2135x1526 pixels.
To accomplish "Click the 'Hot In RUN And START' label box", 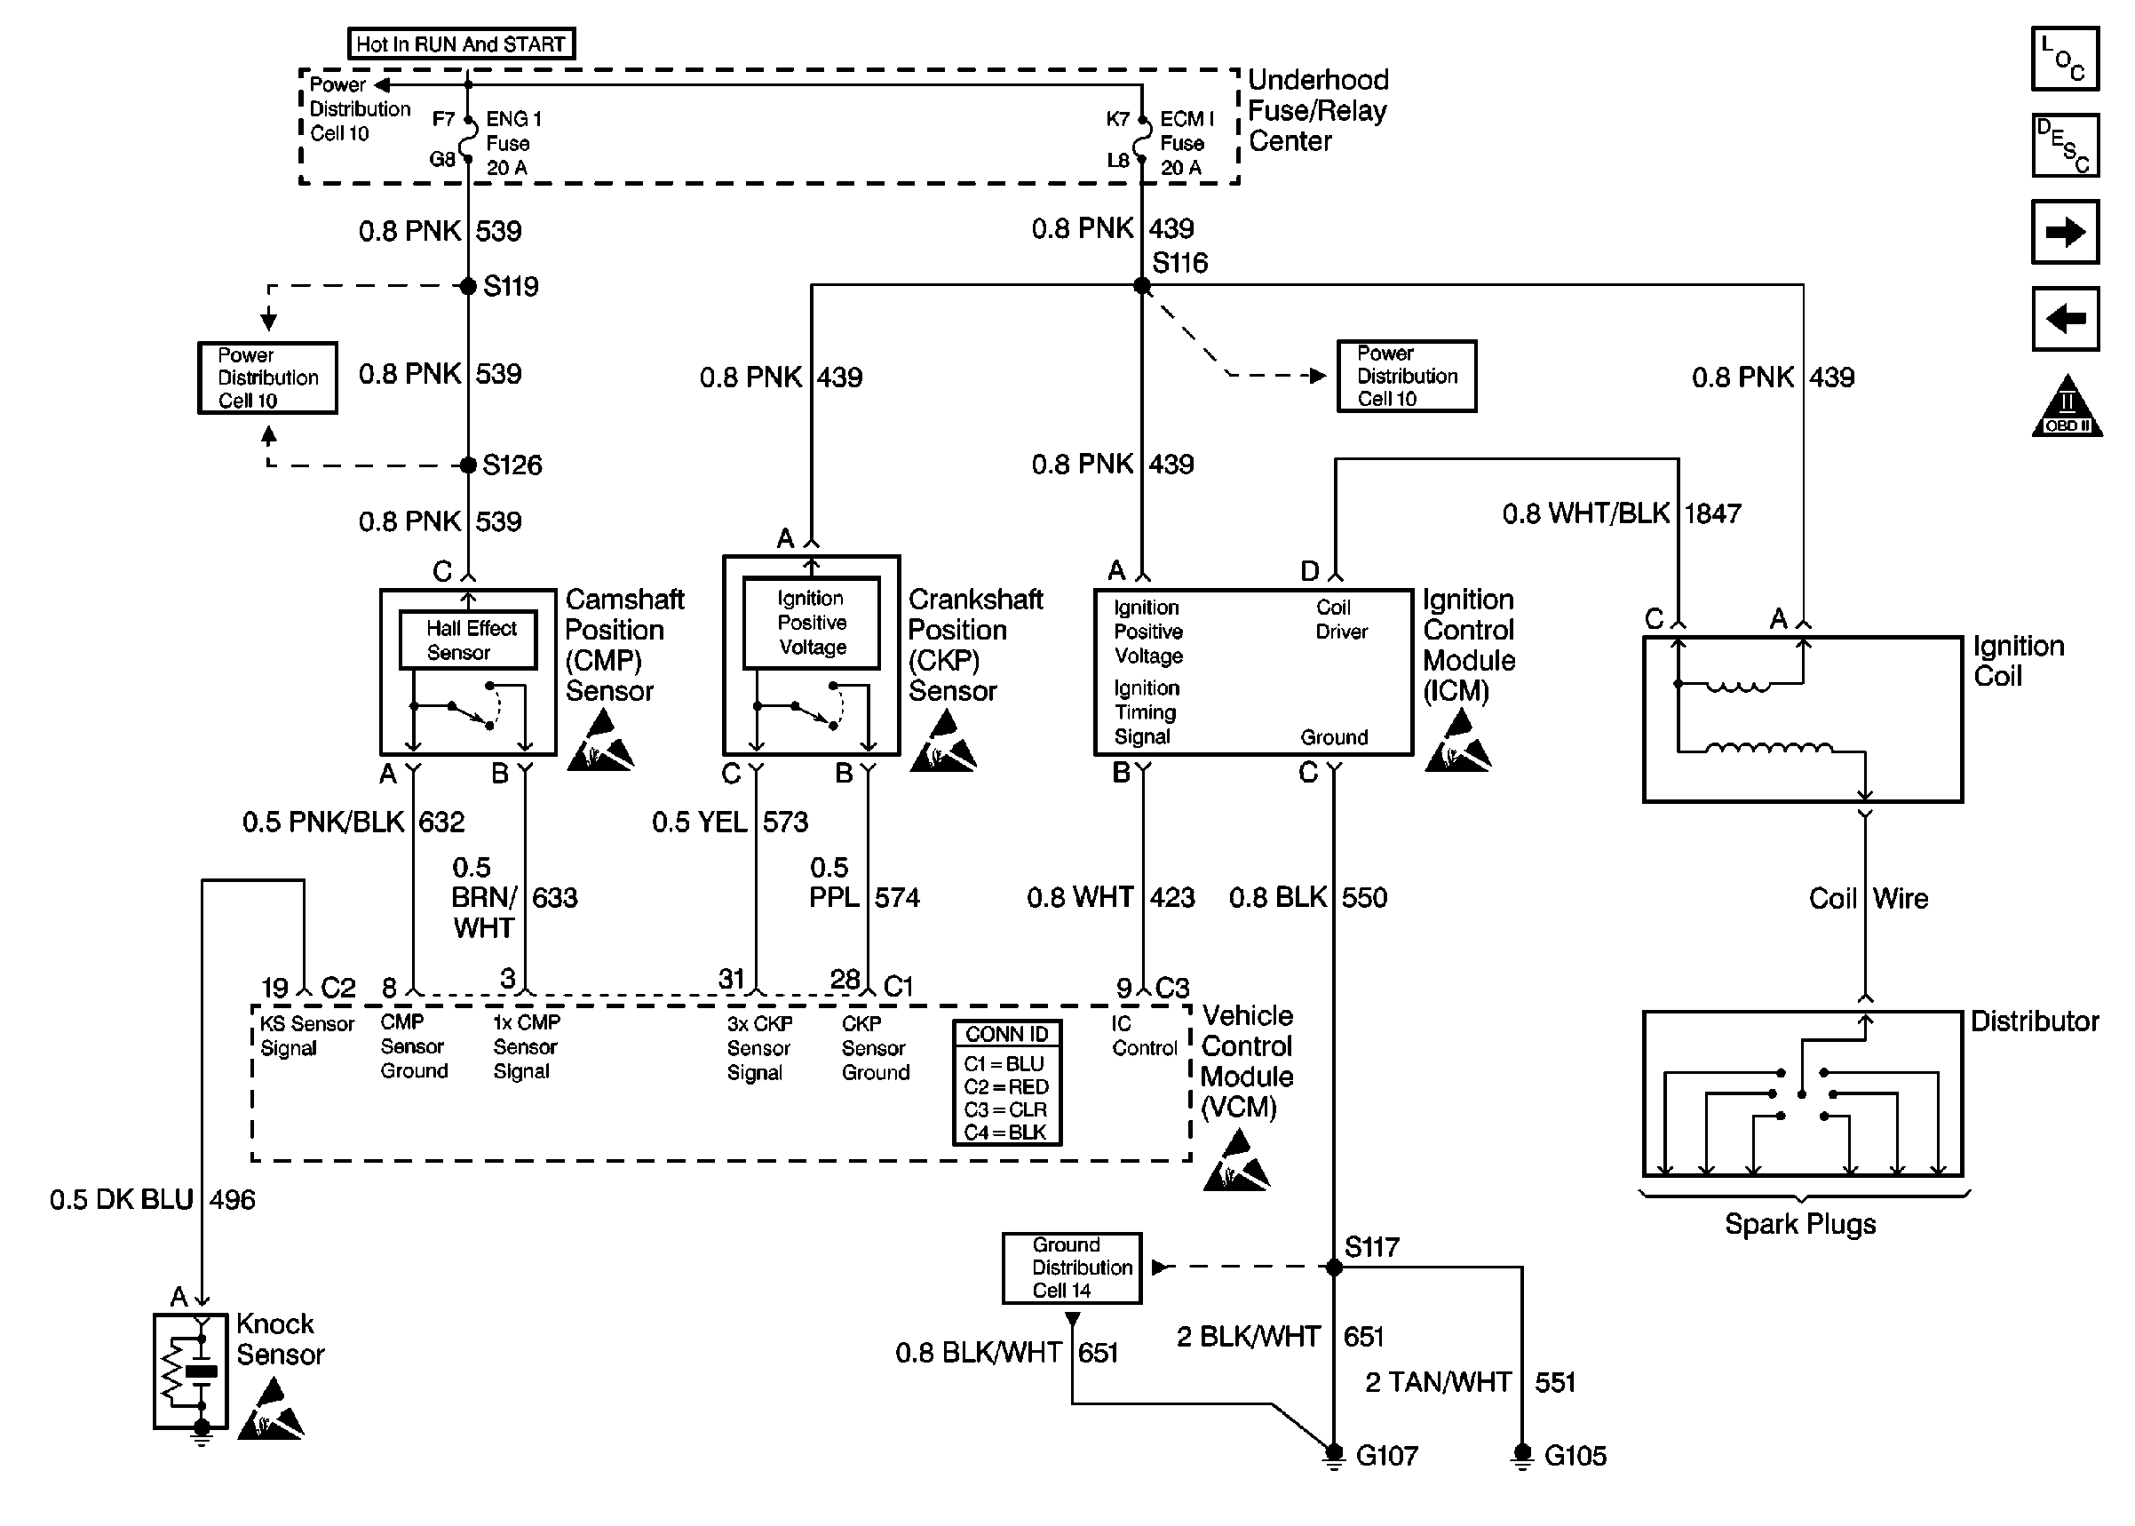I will pyautogui.click(x=460, y=44).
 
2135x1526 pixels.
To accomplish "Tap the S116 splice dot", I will pyautogui.click(x=1142, y=286).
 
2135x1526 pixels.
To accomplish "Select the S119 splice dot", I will pyautogui.click(x=468, y=286).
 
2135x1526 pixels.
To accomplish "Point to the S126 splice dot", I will pyautogui.click(x=468, y=465).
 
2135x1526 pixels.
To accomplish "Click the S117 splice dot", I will pyautogui.click(x=1334, y=1267).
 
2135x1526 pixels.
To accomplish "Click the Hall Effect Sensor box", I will pyautogui.click(x=469, y=640).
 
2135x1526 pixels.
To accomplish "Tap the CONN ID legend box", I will pyautogui.click(x=1007, y=1083).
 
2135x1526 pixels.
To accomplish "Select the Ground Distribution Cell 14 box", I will pyautogui.click(x=1072, y=1268).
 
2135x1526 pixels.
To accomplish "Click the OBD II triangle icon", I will pyautogui.click(x=2067, y=408).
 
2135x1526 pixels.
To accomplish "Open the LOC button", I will pyautogui.click(x=2065, y=59).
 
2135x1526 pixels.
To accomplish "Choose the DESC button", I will pyautogui.click(x=2065, y=146).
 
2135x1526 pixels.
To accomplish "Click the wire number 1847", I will pyautogui.click(x=1712, y=514).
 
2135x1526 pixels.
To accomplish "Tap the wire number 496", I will pyautogui.click(x=232, y=1200).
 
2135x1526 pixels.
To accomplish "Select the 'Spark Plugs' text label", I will pyautogui.click(x=1799, y=1224).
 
